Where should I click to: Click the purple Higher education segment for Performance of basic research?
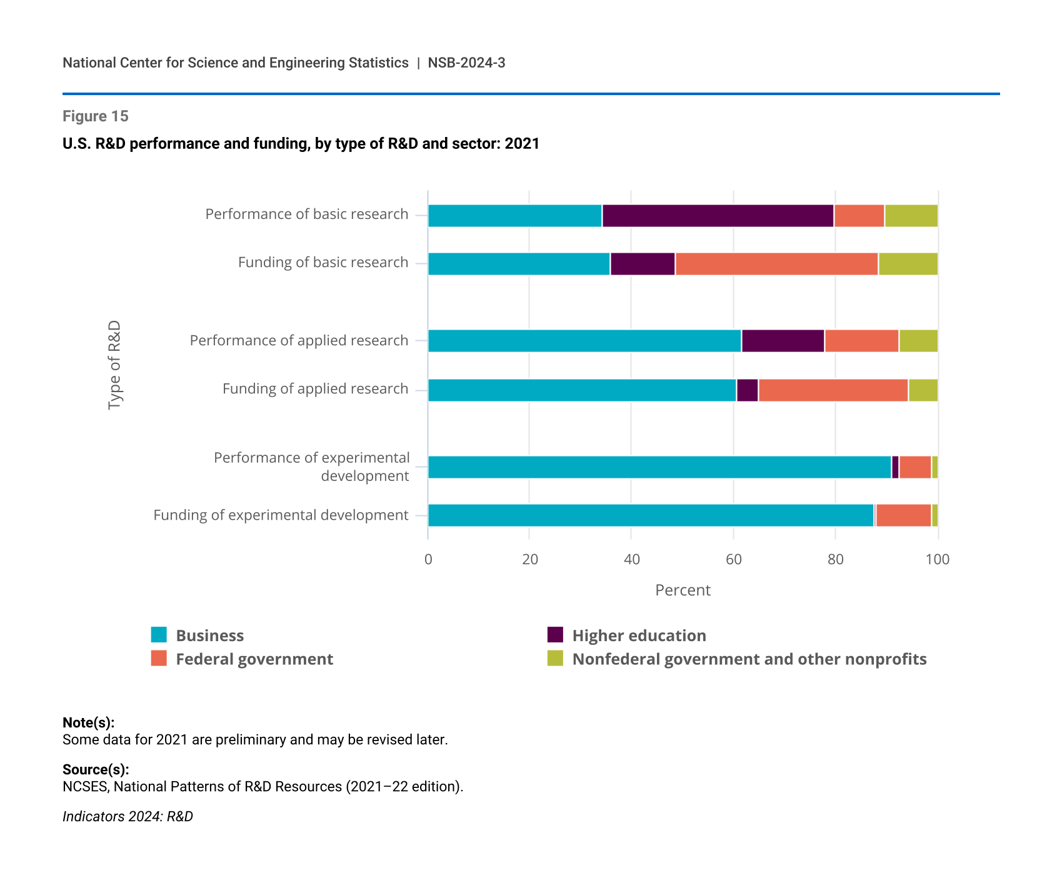[718, 216]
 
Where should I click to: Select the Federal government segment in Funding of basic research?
[776, 264]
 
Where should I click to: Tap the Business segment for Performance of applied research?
[584, 341]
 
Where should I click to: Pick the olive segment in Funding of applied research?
[923, 390]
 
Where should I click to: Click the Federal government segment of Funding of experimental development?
[903, 515]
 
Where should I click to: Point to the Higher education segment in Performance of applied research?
[783, 341]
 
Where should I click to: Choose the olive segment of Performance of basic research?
[911, 216]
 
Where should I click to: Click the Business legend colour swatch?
[159, 635]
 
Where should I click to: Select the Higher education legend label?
[639, 635]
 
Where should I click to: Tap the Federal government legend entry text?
[254, 659]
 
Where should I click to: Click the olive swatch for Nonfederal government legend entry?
[555, 659]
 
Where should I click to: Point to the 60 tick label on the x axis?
[733, 559]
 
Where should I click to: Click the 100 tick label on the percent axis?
[937, 559]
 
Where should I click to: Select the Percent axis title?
[683, 590]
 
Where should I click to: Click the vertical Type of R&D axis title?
[114, 365]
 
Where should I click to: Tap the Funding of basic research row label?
[323, 263]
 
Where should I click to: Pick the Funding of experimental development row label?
[281, 515]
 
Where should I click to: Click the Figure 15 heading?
[96, 116]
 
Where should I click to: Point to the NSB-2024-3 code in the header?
[466, 63]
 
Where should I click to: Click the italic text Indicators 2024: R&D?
[128, 816]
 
